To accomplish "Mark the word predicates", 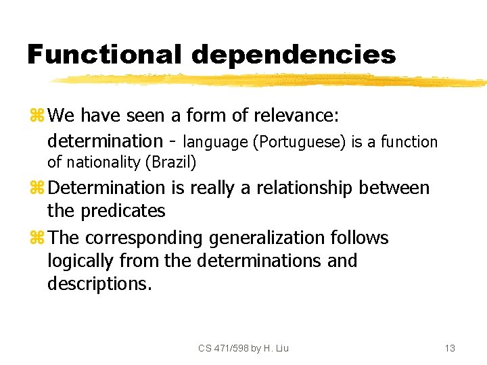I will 122,211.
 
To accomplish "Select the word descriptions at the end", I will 99,284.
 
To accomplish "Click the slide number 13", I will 450,348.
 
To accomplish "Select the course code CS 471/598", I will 224,348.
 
